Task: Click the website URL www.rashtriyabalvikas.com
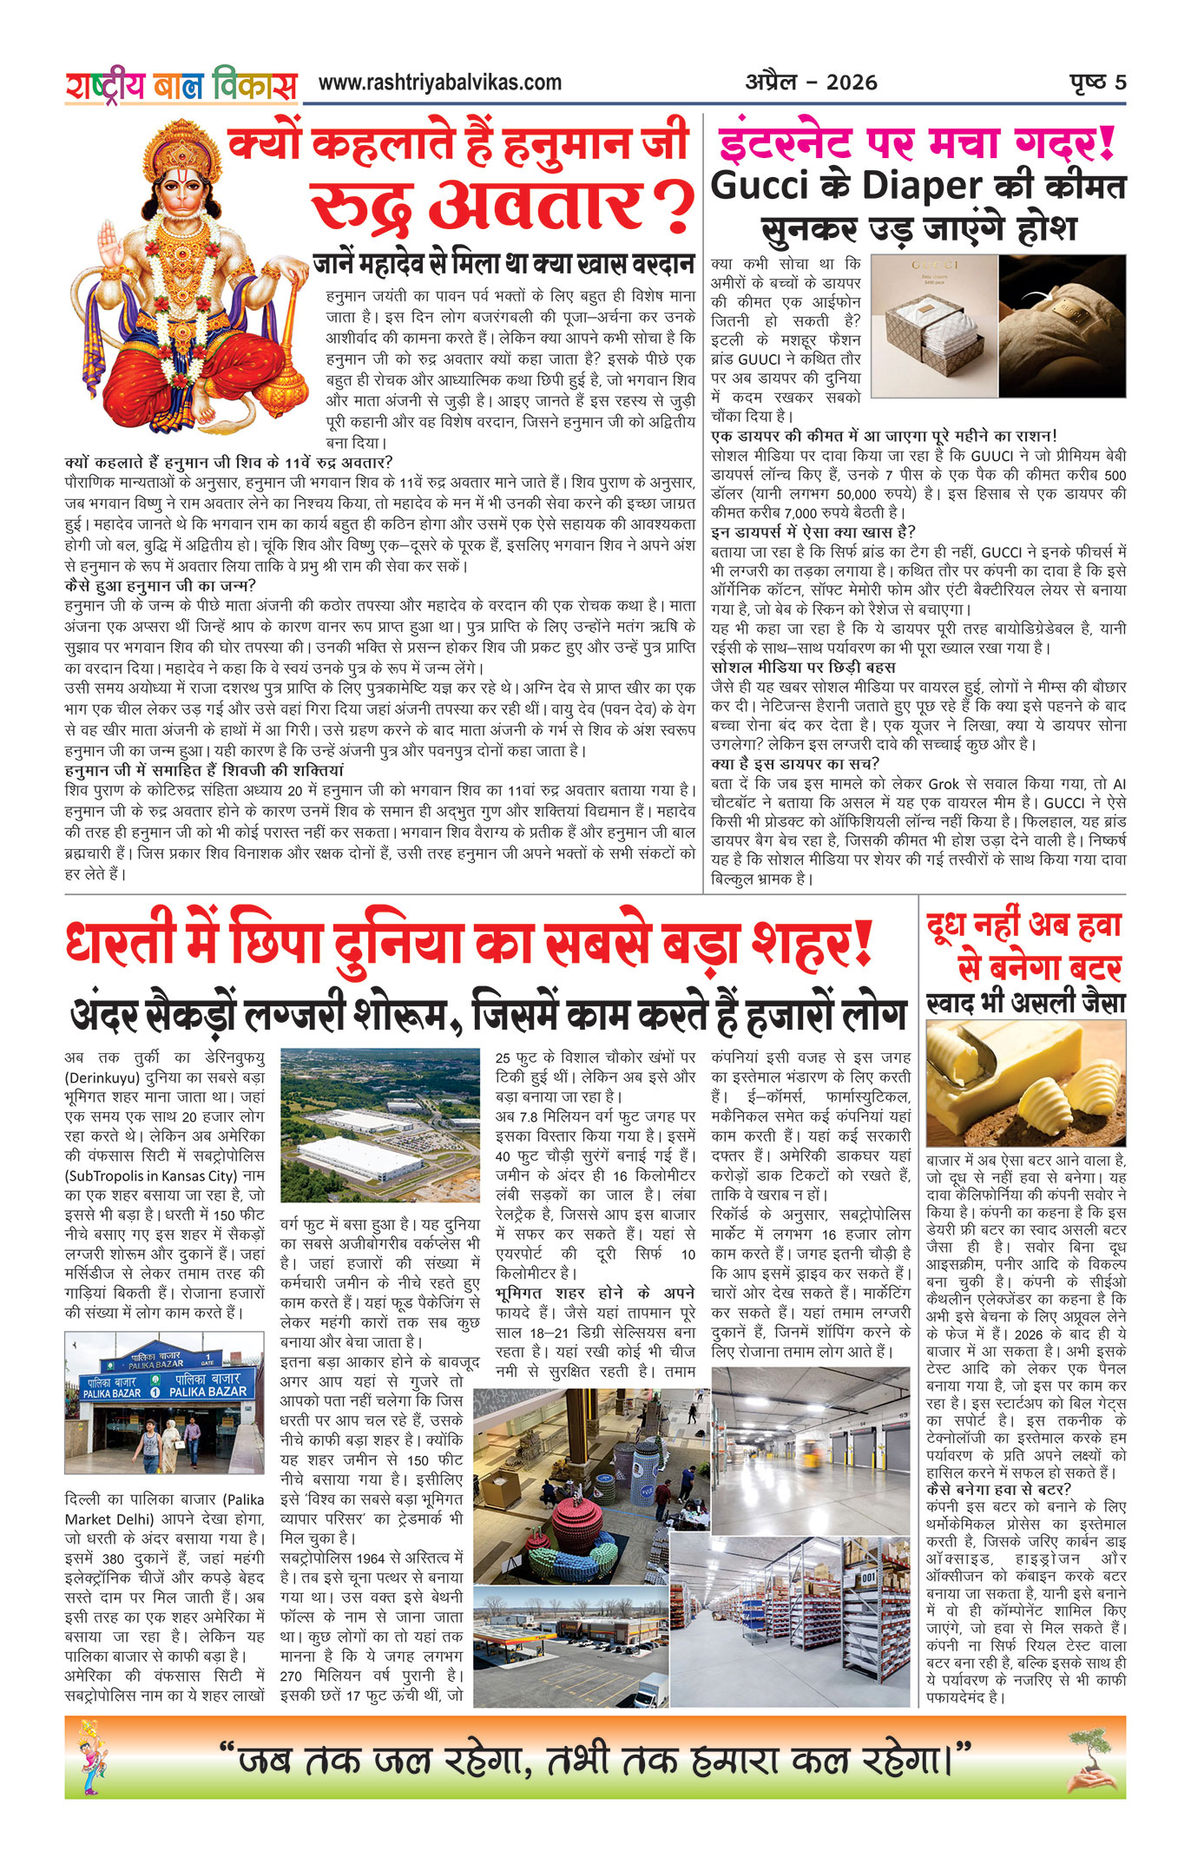(439, 82)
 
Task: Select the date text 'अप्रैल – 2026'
(811, 82)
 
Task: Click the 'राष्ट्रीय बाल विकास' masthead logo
(181, 85)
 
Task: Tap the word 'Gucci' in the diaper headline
(759, 186)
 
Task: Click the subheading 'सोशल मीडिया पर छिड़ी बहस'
(803, 667)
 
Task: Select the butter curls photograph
(1025, 1083)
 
